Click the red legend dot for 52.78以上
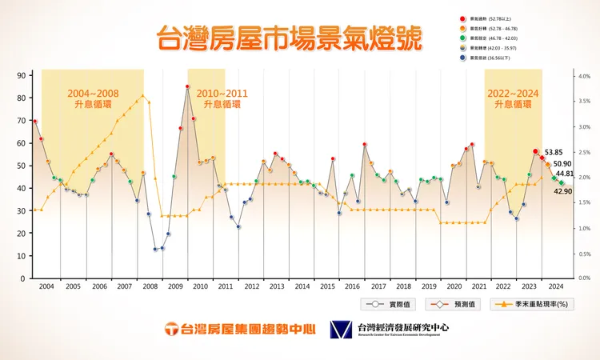click(463, 18)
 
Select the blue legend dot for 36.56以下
click(463, 58)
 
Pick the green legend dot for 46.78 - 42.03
click(463, 38)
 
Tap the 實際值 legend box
click(391, 304)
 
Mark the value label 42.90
click(564, 192)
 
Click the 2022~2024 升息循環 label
click(513, 98)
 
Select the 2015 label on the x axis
click(326, 286)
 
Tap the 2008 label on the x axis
click(150, 286)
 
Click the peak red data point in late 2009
click(187, 86)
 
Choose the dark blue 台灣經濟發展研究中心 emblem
click(341, 330)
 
